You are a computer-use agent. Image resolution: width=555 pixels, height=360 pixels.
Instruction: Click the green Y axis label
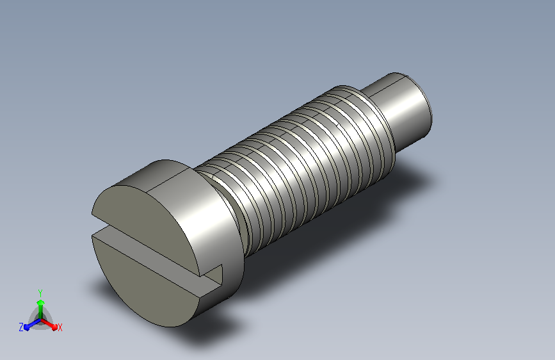40,293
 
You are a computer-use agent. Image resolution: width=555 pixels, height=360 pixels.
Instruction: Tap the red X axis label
60,328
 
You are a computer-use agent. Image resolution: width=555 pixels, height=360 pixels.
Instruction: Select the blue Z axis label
21,327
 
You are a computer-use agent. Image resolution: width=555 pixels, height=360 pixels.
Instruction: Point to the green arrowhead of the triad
41,303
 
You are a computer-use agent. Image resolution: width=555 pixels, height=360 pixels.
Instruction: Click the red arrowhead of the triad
54,327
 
